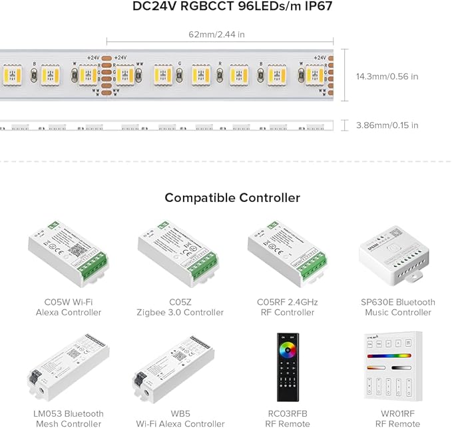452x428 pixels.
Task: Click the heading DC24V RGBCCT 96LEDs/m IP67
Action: [232, 9]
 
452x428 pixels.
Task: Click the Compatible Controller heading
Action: [232, 198]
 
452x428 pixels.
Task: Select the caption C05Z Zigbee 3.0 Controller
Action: [180, 307]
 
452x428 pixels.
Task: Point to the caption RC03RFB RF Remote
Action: [287, 419]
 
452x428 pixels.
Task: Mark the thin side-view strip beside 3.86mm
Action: [166, 125]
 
